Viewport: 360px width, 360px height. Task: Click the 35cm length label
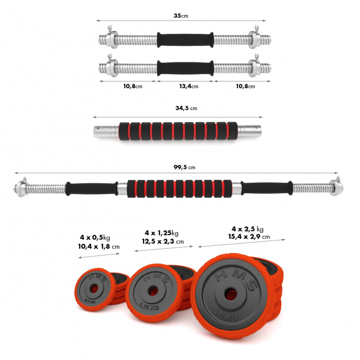click(181, 16)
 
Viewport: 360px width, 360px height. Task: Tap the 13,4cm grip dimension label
click(188, 86)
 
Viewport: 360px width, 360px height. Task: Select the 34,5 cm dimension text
click(186, 109)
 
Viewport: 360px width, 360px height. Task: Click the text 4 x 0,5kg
click(95, 237)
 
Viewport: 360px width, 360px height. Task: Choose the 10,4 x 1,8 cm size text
click(99, 247)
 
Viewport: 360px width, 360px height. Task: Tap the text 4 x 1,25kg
click(161, 232)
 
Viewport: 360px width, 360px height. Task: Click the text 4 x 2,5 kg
click(247, 229)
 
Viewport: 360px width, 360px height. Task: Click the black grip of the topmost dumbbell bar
click(185, 39)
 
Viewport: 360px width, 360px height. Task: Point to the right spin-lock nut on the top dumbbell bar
click(254, 39)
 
